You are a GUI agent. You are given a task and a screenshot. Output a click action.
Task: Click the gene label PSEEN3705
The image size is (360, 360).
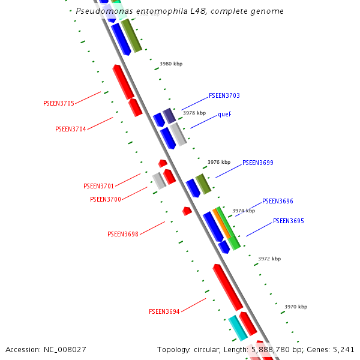pos(59,103)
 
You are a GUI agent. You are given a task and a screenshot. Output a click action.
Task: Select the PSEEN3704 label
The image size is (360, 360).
pos(70,129)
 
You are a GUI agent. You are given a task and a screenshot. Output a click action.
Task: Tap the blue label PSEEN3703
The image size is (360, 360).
pos(224,95)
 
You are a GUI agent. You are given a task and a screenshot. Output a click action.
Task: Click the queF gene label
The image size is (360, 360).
pos(224,114)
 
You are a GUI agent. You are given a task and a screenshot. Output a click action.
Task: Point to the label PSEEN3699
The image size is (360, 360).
pos(258,163)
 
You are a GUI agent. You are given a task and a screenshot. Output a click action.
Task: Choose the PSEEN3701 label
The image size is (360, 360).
pos(98,186)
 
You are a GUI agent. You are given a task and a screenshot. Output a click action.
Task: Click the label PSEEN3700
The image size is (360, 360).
pos(105,199)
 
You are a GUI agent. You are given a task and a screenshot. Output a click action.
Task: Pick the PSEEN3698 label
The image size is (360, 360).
pos(122,234)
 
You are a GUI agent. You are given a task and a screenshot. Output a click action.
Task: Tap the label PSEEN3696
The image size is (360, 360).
pos(278,201)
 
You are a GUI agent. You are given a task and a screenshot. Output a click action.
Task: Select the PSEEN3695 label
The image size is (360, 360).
pos(289,221)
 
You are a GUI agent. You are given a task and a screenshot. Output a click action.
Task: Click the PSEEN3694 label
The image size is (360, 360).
pos(164,311)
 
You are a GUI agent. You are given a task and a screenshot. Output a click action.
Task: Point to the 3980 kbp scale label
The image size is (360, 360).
pos(171,64)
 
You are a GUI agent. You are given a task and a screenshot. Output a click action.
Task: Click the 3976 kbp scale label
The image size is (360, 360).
pos(219,162)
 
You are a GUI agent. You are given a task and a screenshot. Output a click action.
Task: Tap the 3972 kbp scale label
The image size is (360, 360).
pos(269,259)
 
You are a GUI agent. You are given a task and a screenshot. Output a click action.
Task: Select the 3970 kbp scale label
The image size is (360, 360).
pos(296,307)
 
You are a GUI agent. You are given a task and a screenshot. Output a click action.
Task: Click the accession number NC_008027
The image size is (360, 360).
pos(65,349)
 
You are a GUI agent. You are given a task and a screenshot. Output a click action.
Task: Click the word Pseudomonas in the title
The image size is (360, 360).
pos(104,11)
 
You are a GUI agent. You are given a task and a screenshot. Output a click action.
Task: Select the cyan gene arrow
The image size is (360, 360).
pos(238,328)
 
